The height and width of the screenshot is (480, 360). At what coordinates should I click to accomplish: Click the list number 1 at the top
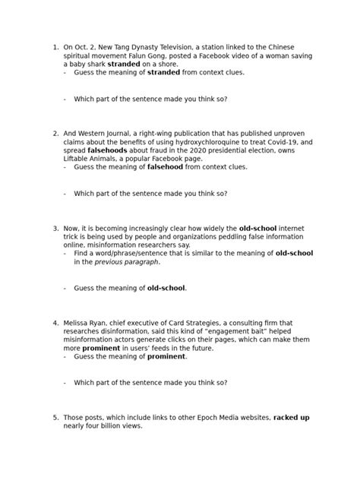(55, 47)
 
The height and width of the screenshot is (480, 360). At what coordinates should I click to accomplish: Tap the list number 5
(55, 417)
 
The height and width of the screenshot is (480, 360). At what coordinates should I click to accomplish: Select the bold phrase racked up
(292, 417)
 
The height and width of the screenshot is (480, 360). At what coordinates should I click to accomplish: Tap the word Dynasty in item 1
(156, 47)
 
